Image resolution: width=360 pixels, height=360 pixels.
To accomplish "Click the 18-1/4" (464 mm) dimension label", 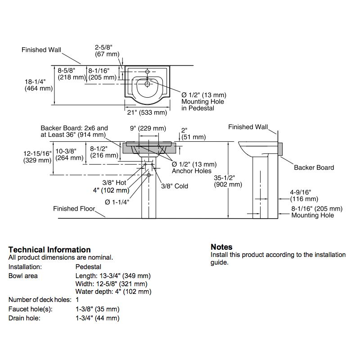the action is click(x=39, y=85).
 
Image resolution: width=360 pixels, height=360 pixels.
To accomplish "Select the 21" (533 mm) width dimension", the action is click(x=147, y=112).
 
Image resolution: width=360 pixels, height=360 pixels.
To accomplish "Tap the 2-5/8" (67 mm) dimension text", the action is click(x=107, y=51).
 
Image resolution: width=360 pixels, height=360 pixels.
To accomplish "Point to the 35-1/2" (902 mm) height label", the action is click(x=228, y=181).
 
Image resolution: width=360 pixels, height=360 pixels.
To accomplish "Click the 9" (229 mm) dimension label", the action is click(x=148, y=128).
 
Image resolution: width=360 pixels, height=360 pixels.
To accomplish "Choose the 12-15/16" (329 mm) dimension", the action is click(x=37, y=157).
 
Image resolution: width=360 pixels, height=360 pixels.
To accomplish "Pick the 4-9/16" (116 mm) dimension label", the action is click(x=304, y=196).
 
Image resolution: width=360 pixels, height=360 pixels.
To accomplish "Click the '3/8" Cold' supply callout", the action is click(x=175, y=186).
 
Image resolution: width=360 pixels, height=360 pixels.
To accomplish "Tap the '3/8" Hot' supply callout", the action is click(x=114, y=183).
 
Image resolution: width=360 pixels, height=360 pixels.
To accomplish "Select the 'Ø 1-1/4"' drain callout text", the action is click(x=117, y=202).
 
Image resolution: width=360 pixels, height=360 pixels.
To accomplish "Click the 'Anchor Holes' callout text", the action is click(x=192, y=171).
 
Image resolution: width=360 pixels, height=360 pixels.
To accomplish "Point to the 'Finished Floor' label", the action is click(x=74, y=208).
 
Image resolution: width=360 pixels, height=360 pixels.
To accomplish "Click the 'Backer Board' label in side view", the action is click(x=314, y=167).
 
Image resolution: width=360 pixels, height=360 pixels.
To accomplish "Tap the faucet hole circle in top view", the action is click(x=148, y=72).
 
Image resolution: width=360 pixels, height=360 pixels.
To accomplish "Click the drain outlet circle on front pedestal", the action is click(x=148, y=175).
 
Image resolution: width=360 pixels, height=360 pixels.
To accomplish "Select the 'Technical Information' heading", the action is click(x=49, y=250).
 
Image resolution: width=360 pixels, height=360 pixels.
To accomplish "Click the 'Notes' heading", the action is click(x=221, y=247).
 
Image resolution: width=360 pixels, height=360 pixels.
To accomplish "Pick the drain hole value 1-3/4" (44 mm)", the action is click(x=98, y=318).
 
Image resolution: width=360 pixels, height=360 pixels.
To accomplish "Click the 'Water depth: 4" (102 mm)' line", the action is click(x=113, y=292).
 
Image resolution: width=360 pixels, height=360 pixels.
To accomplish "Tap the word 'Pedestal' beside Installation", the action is click(x=88, y=267).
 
